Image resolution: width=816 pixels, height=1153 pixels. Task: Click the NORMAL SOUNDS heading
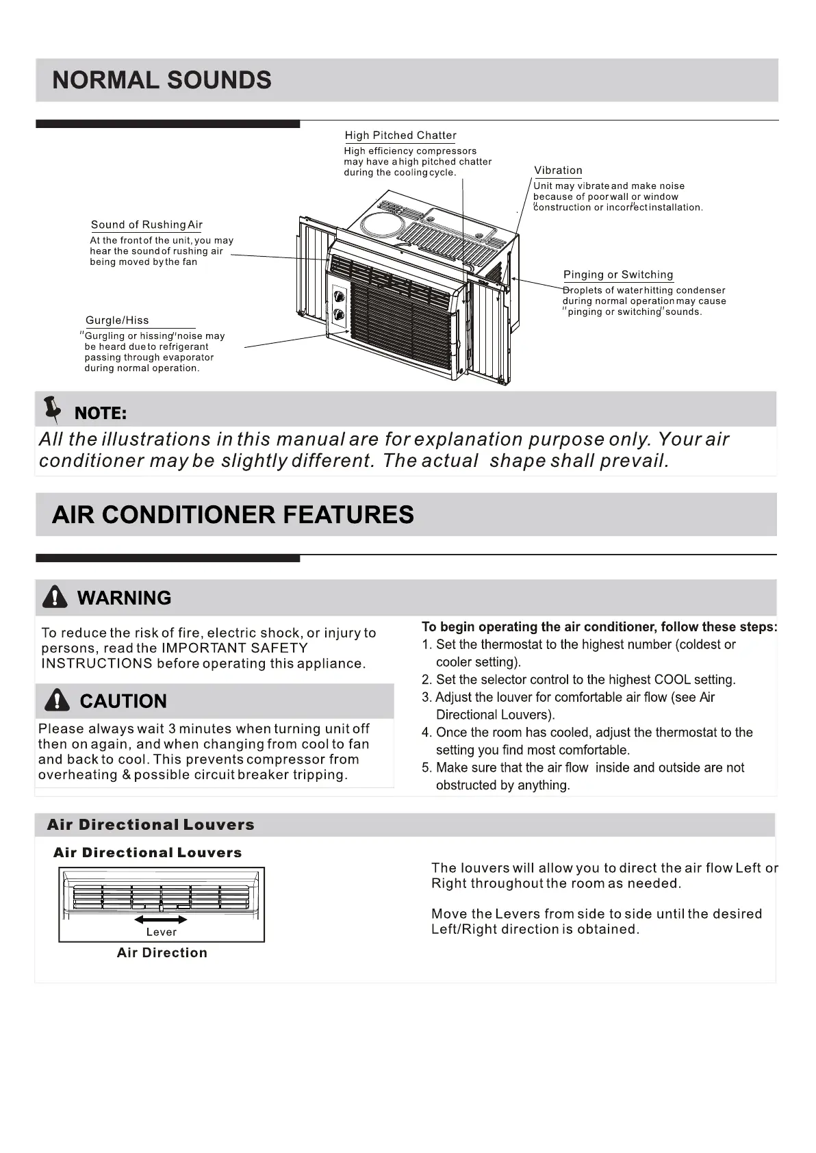pyautogui.click(x=162, y=80)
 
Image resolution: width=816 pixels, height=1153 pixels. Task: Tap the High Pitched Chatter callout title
pyautogui.click(x=400, y=136)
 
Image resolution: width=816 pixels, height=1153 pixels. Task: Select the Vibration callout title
pyautogui.click(x=558, y=170)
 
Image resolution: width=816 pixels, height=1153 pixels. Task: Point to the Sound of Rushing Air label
pyautogui.click(x=146, y=225)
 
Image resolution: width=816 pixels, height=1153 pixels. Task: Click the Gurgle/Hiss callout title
pyautogui.click(x=117, y=320)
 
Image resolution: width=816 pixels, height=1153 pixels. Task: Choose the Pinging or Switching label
pyautogui.click(x=618, y=275)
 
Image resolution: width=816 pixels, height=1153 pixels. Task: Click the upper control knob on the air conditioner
pyautogui.click(x=339, y=296)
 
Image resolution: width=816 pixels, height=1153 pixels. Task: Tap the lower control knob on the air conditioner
pyautogui.click(x=339, y=314)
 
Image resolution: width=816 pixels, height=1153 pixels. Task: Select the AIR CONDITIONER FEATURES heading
pyautogui.click(x=233, y=515)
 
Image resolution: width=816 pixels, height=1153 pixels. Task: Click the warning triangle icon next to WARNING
pyautogui.click(x=55, y=598)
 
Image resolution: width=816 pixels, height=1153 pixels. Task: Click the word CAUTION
pyautogui.click(x=123, y=701)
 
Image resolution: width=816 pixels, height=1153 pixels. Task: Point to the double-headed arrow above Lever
pyautogui.click(x=161, y=919)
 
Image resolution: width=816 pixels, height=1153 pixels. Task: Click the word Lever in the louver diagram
pyautogui.click(x=162, y=932)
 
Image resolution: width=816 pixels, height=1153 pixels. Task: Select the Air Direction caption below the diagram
pyautogui.click(x=162, y=952)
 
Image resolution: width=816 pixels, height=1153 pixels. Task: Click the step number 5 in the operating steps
pyautogui.click(x=426, y=768)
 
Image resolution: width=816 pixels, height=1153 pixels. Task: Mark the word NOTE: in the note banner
pyautogui.click(x=100, y=413)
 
